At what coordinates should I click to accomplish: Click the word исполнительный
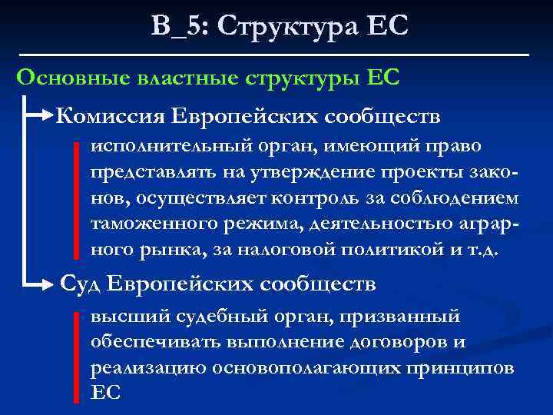tap(148, 145)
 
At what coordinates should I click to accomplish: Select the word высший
tap(116, 316)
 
